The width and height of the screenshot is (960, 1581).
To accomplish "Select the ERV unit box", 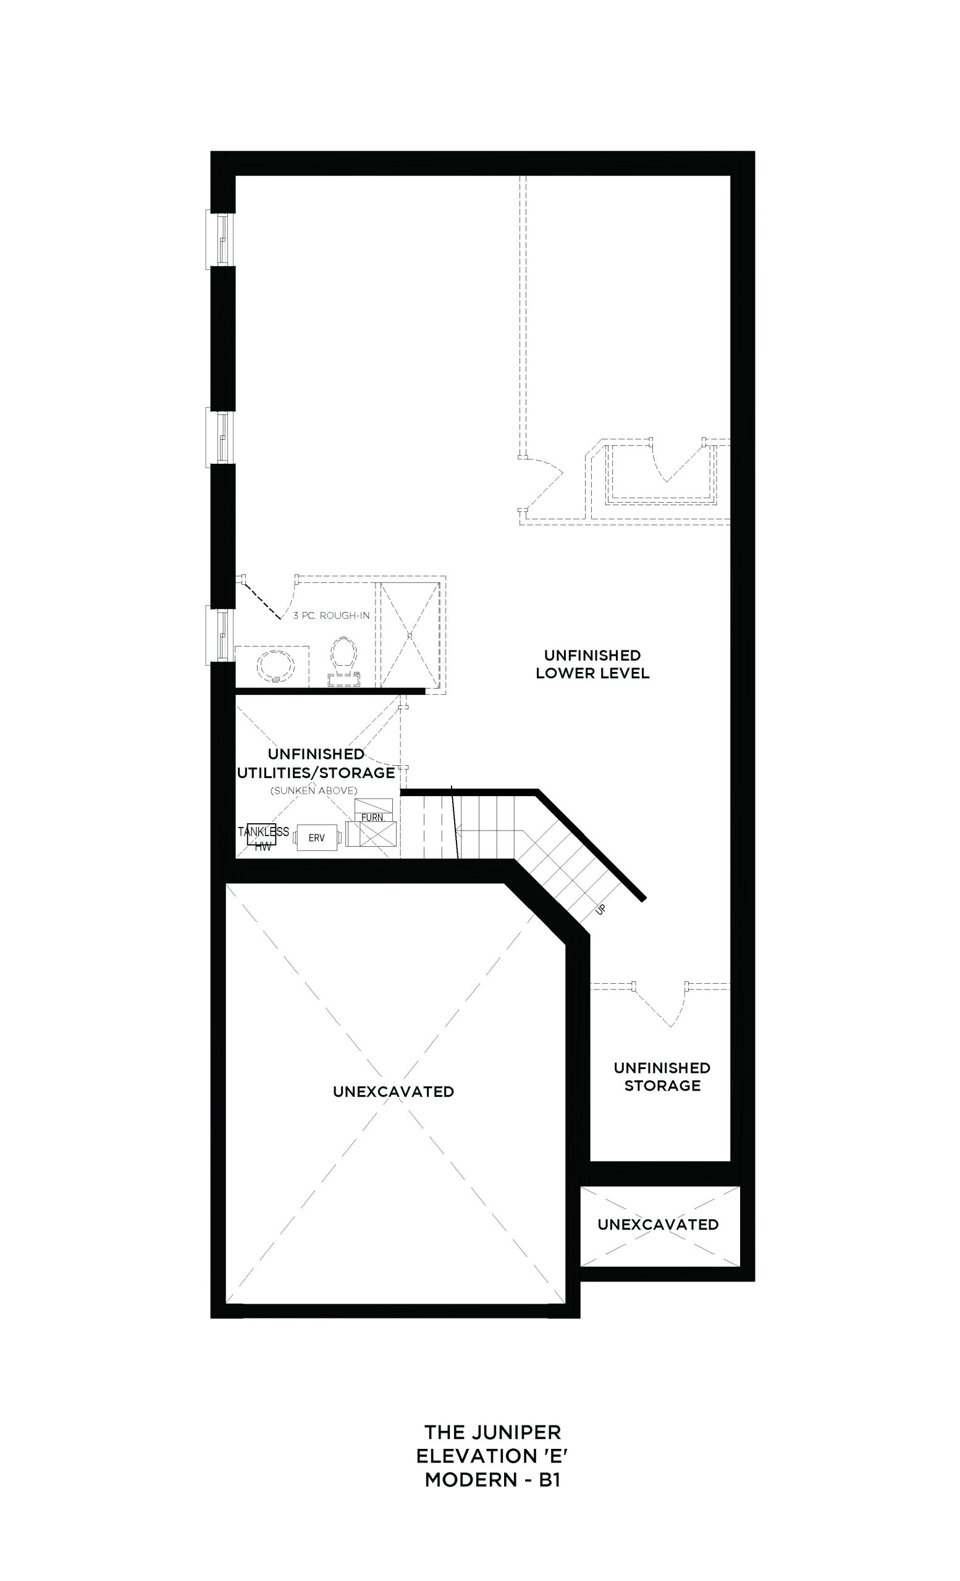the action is pos(316,838).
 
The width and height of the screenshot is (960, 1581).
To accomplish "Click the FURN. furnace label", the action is pos(373,818).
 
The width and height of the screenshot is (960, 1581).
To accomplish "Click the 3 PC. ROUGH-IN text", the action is pos(331,615).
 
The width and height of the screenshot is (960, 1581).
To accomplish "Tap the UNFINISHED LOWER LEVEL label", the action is pos(592,664).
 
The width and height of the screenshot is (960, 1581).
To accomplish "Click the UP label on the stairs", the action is pos(600,909).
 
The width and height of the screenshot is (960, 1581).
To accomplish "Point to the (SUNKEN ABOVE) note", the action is pos(314,790).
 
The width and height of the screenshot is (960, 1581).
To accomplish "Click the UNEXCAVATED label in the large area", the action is pos(394,1091).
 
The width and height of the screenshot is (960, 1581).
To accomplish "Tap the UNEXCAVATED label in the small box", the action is pos(658,1224).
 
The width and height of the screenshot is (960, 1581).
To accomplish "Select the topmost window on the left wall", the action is pos(220,238).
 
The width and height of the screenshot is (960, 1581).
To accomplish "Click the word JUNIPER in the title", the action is pos(519,1432).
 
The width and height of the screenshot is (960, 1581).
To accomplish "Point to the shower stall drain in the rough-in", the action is pos(408,634).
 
